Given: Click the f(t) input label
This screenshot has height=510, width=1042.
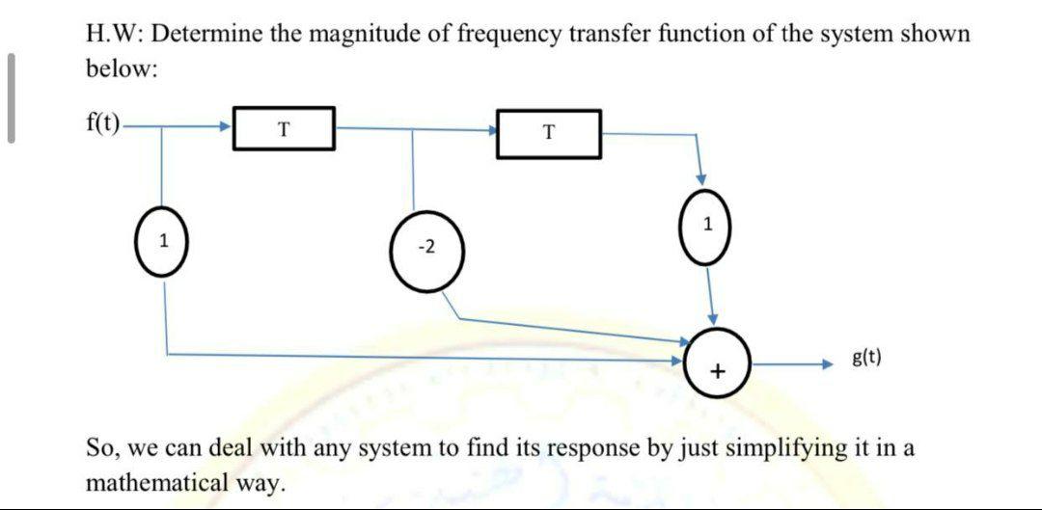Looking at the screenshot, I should pyautogui.click(x=103, y=122).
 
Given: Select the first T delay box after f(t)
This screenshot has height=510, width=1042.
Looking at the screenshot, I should pyautogui.click(x=285, y=128).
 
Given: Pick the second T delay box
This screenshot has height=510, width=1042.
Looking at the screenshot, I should pyautogui.click(x=548, y=133).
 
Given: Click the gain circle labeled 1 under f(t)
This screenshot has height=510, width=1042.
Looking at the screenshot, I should pyautogui.click(x=165, y=241).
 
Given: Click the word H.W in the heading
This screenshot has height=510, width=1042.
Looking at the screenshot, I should pyautogui.click(x=113, y=36).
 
